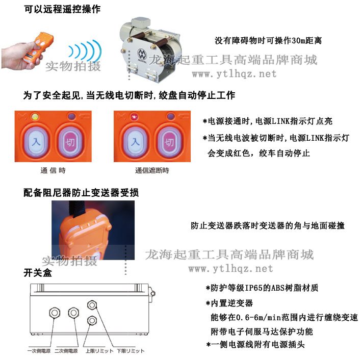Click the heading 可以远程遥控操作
[62, 10]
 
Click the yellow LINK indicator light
[34, 116]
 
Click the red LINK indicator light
[133, 116]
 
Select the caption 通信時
[53, 170]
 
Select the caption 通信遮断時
[152, 170]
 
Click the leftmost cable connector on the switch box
[54, 312]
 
